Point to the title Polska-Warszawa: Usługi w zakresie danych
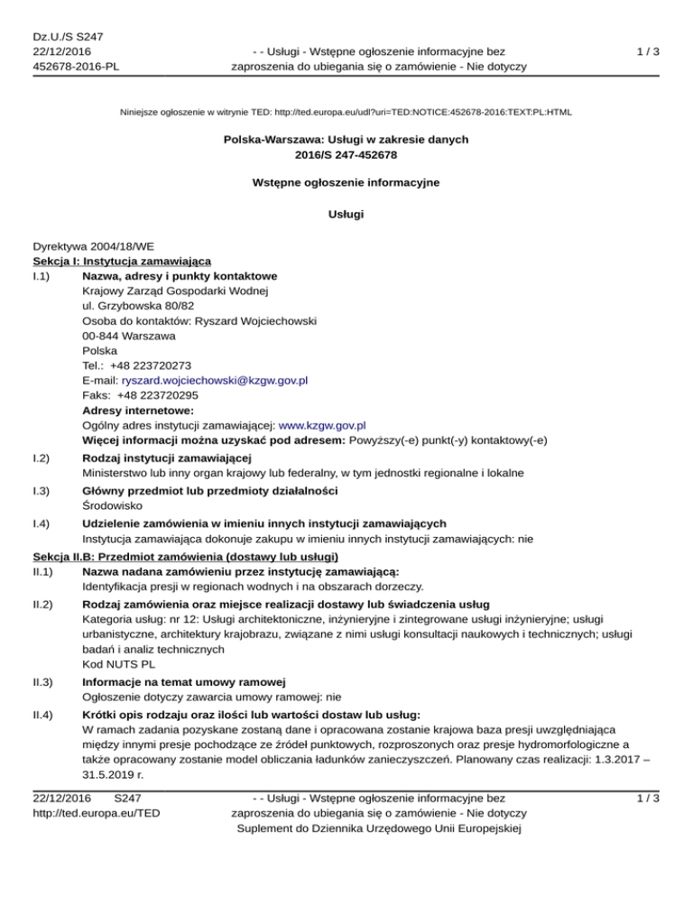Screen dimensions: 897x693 (x=346, y=141)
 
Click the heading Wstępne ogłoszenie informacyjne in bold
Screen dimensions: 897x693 (x=346, y=183)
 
